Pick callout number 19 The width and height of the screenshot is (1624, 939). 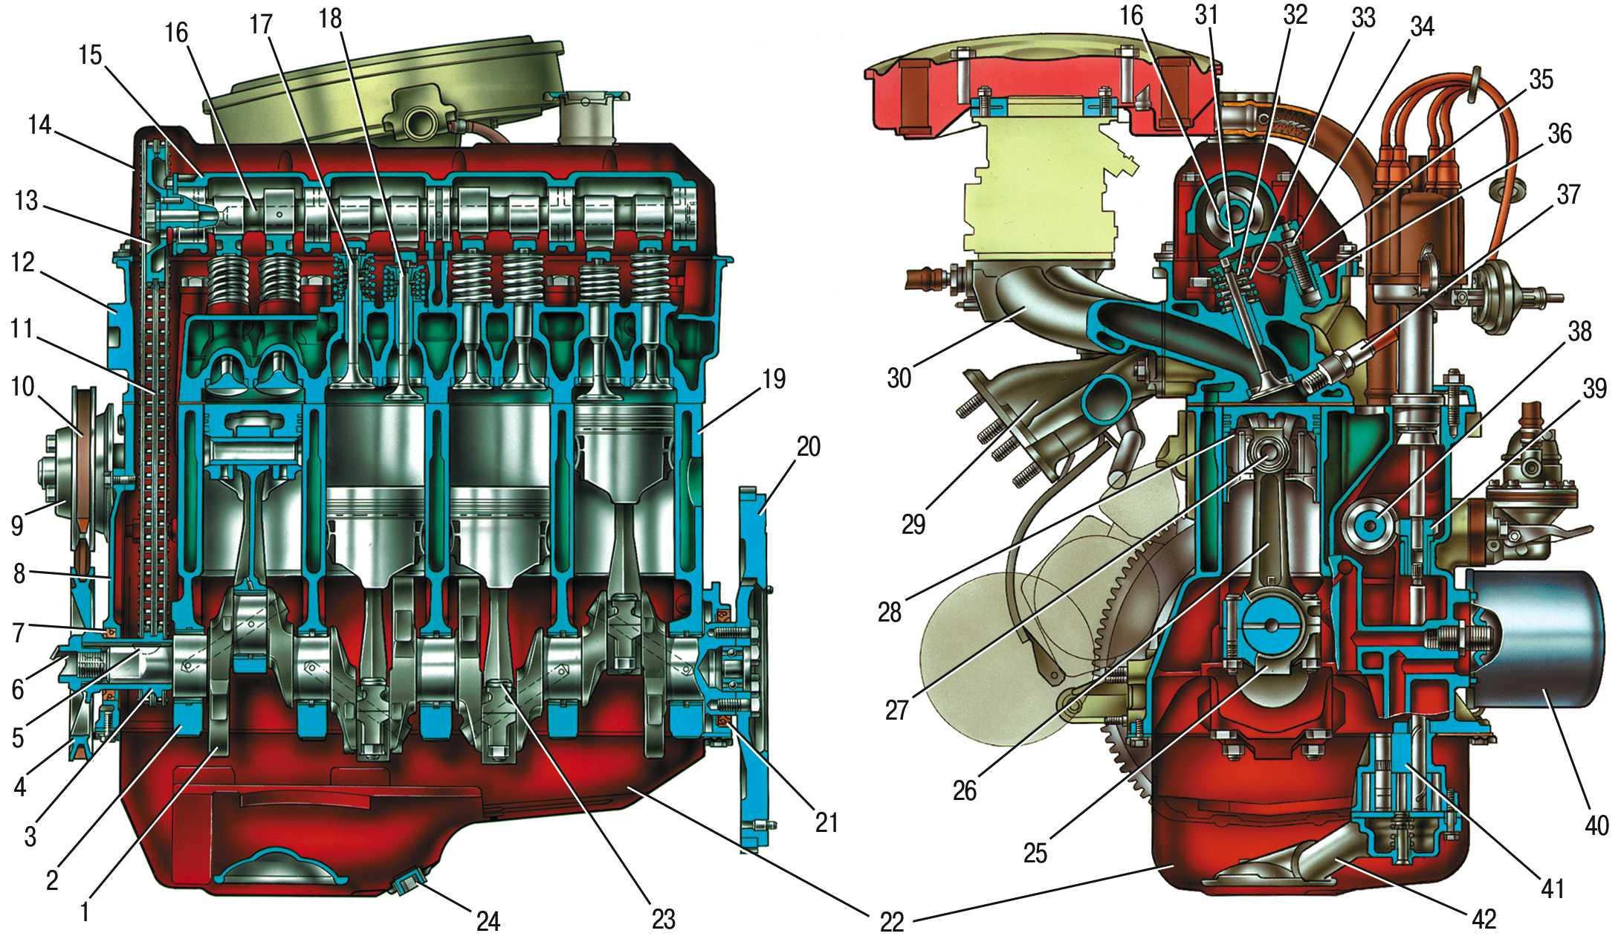click(773, 379)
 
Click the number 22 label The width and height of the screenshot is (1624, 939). click(891, 923)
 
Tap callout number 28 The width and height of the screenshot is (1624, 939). click(889, 613)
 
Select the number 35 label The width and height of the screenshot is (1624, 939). click(1541, 80)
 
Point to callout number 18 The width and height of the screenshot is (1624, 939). click(331, 19)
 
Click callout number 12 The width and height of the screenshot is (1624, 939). click(23, 262)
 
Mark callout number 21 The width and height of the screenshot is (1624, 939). click(826, 823)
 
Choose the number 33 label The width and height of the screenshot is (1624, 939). click(1362, 19)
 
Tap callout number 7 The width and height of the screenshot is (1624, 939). click(18, 633)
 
